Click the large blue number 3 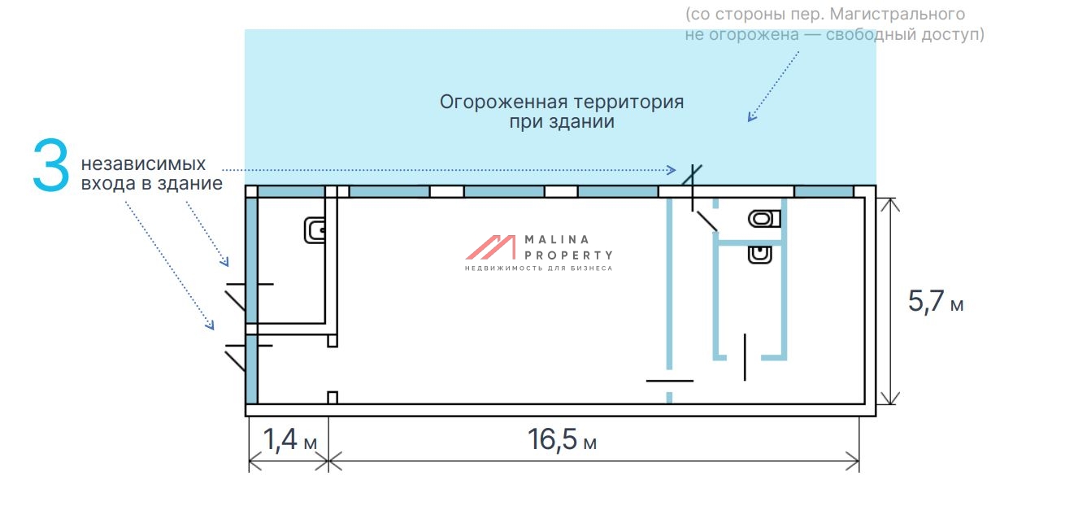coord(50,167)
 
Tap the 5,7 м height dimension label coord(935,302)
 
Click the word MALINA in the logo coord(557,239)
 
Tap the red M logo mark coord(490,247)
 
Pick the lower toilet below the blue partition coord(760,255)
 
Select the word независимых coord(143,164)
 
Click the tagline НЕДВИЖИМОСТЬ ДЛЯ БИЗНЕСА coord(538,268)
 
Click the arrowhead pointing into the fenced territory coord(751,117)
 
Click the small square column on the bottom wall coord(332,397)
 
